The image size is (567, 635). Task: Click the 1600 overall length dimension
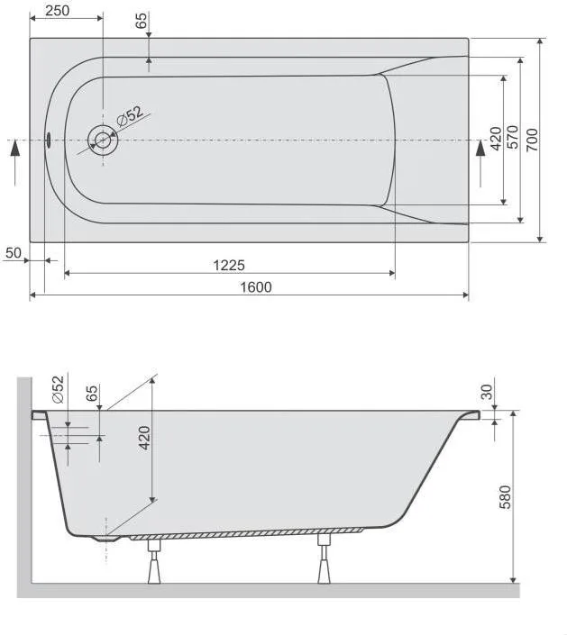256,287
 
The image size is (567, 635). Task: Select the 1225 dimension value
229,265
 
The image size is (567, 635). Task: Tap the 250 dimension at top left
57,11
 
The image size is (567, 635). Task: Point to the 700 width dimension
532,140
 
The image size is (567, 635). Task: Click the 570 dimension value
513,137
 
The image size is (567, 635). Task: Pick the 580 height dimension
505,497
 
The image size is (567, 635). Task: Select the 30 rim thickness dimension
487,392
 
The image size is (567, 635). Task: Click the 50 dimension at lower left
13,253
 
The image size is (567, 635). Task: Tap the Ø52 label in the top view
130,116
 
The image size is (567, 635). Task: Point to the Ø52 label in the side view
58,389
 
